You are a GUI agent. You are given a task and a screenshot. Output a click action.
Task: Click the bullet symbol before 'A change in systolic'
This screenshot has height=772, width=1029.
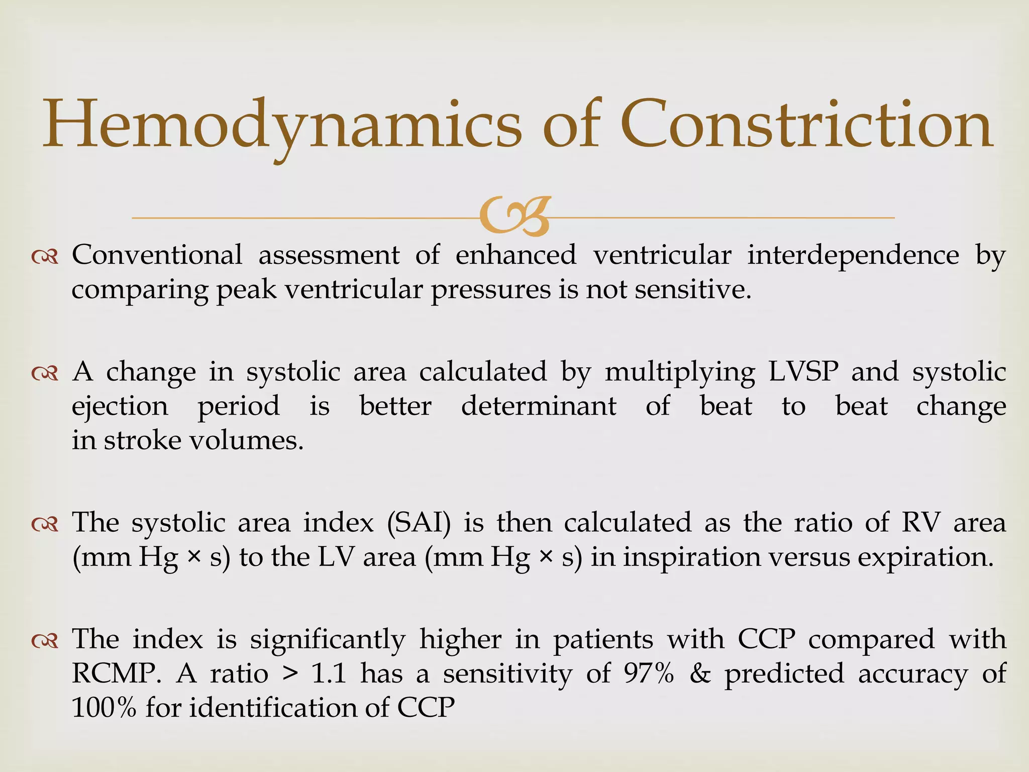point(45,373)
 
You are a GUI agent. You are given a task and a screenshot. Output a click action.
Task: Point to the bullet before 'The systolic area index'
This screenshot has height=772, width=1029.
point(45,524)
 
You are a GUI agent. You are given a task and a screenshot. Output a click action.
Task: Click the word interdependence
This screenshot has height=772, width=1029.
point(853,255)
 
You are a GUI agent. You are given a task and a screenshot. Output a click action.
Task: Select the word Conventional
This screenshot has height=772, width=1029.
point(157,255)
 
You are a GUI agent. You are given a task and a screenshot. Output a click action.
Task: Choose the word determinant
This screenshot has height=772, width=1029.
point(538,406)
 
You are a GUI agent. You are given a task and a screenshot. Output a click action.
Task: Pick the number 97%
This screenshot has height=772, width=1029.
point(649,673)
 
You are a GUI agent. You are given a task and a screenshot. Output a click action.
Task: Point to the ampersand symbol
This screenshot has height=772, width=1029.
point(699,673)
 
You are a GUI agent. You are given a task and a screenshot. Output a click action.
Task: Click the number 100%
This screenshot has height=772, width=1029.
point(104,708)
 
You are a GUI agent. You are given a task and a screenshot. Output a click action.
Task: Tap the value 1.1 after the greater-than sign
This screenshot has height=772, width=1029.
point(329,673)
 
